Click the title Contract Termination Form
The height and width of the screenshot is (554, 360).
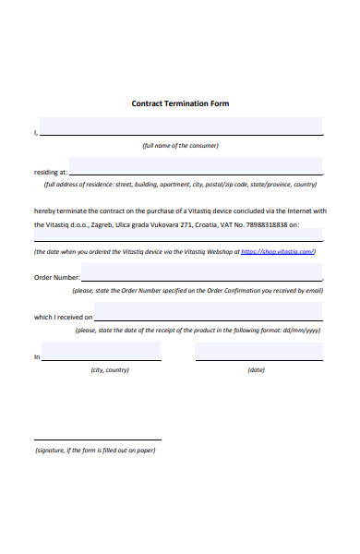180,103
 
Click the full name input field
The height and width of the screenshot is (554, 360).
181,126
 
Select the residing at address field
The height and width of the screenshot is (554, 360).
196,166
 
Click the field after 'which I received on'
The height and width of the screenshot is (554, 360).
209,313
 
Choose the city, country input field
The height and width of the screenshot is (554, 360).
102,353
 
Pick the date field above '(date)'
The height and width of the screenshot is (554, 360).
258,353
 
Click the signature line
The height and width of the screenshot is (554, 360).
98,438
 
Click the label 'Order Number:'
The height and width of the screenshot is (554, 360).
57,277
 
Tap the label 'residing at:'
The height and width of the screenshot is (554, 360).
51,172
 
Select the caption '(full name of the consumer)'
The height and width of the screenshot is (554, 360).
180,146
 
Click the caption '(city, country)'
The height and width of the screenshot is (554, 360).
110,370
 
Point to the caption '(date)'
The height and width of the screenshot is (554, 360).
257,370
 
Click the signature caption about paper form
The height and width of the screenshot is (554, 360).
95,451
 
